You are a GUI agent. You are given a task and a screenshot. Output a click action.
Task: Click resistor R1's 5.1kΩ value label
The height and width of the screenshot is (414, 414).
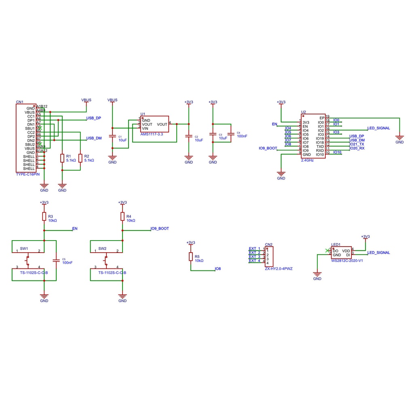[x=71, y=161]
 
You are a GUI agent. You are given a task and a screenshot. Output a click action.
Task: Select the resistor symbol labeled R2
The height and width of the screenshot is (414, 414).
[x=80, y=158]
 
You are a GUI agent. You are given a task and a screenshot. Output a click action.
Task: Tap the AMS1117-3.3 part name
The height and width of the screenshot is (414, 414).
[x=152, y=134]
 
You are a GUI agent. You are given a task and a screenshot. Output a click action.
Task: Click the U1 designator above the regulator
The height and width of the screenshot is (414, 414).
[x=143, y=114]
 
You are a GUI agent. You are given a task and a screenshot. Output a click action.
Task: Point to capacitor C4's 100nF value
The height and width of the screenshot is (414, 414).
[x=242, y=136]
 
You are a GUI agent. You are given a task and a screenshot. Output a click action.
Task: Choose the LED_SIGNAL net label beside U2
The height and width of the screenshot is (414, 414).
[x=378, y=128]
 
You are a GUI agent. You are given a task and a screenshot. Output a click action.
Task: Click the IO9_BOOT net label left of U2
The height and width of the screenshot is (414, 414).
[x=268, y=148]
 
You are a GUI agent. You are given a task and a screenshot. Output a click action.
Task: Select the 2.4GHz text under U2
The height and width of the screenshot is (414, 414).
[x=307, y=161]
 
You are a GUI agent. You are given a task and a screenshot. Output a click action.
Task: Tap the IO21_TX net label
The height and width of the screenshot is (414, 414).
[x=357, y=144]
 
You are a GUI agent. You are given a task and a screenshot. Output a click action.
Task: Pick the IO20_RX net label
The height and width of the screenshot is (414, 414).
[x=357, y=148]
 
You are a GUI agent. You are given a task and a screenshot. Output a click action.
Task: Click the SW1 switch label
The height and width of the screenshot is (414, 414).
[x=24, y=248]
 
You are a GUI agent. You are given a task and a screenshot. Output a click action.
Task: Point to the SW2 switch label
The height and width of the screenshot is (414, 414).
[x=102, y=248]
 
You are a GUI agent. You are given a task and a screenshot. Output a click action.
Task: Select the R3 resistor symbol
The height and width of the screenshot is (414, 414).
[x=44, y=217]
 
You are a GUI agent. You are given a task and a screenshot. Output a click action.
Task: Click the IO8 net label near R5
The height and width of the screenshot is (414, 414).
[x=218, y=269]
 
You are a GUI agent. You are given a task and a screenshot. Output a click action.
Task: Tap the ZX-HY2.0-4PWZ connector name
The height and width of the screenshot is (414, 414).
[x=278, y=268]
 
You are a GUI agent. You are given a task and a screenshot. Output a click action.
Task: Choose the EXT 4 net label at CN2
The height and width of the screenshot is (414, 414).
[x=254, y=261]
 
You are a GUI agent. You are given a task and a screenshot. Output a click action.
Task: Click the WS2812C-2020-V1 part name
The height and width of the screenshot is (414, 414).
[x=347, y=261]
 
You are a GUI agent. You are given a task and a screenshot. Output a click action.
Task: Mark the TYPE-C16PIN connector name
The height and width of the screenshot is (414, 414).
[x=28, y=174]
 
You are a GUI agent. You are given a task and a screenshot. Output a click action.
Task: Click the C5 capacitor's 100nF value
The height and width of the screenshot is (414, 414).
[x=67, y=263]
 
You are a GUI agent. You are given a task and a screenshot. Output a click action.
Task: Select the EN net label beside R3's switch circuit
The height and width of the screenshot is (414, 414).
[x=74, y=228]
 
